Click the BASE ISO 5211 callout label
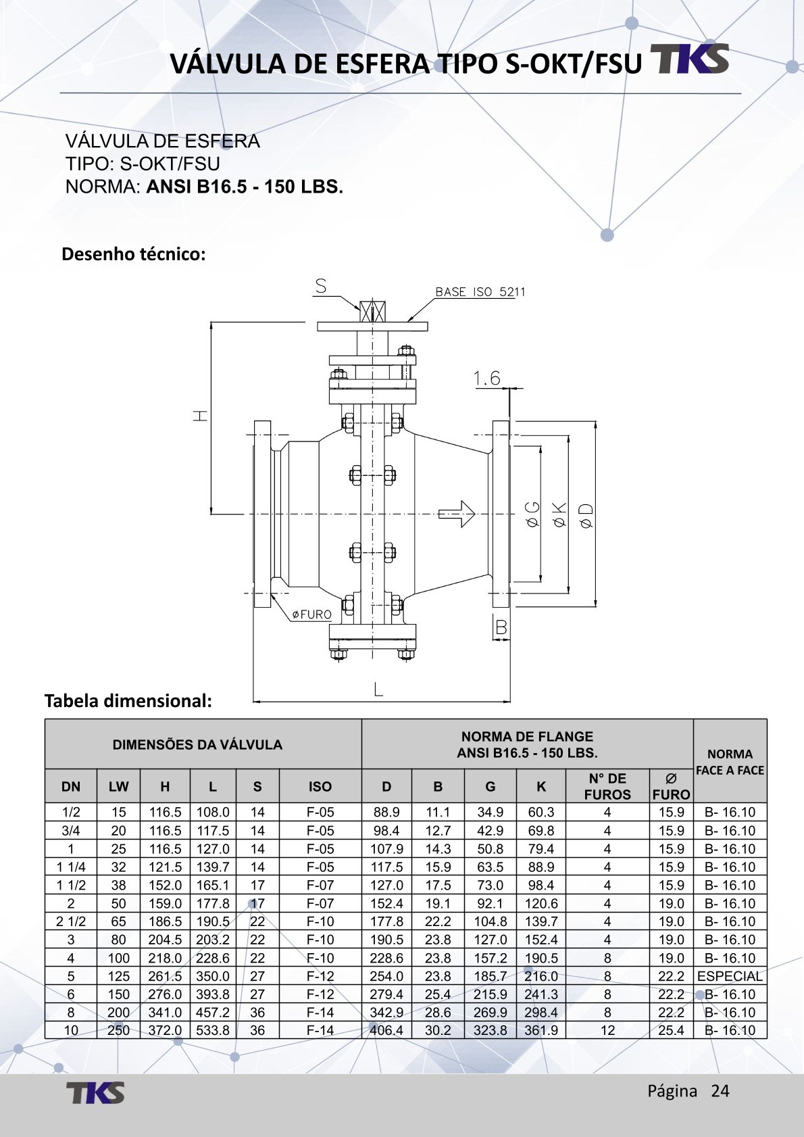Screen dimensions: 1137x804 (x=480, y=292)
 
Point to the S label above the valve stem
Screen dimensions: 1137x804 (x=321, y=287)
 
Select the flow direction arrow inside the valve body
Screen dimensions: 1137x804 (x=457, y=514)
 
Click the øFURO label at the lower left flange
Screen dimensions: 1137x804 (x=311, y=614)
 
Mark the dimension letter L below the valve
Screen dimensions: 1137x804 (x=378, y=690)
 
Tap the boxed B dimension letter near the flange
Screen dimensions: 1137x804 (x=501, y=627)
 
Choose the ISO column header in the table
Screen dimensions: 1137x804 (x=320, y=786)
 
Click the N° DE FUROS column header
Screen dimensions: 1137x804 (x=607, y=786)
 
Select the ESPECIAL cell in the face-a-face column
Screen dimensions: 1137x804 (x=730, y=976)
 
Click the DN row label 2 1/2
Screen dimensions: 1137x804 (x=71, y=921)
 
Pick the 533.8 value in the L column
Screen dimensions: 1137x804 (x=213, y=1030)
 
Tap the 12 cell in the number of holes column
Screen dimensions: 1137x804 (x=607, y=1030)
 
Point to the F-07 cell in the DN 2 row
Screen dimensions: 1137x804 (x=320, y=903)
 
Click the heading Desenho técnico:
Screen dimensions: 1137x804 (x=133, y=254)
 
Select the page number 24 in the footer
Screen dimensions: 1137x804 (x=720, y=1091)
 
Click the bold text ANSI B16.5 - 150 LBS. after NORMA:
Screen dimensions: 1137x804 (x=245, y=187)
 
